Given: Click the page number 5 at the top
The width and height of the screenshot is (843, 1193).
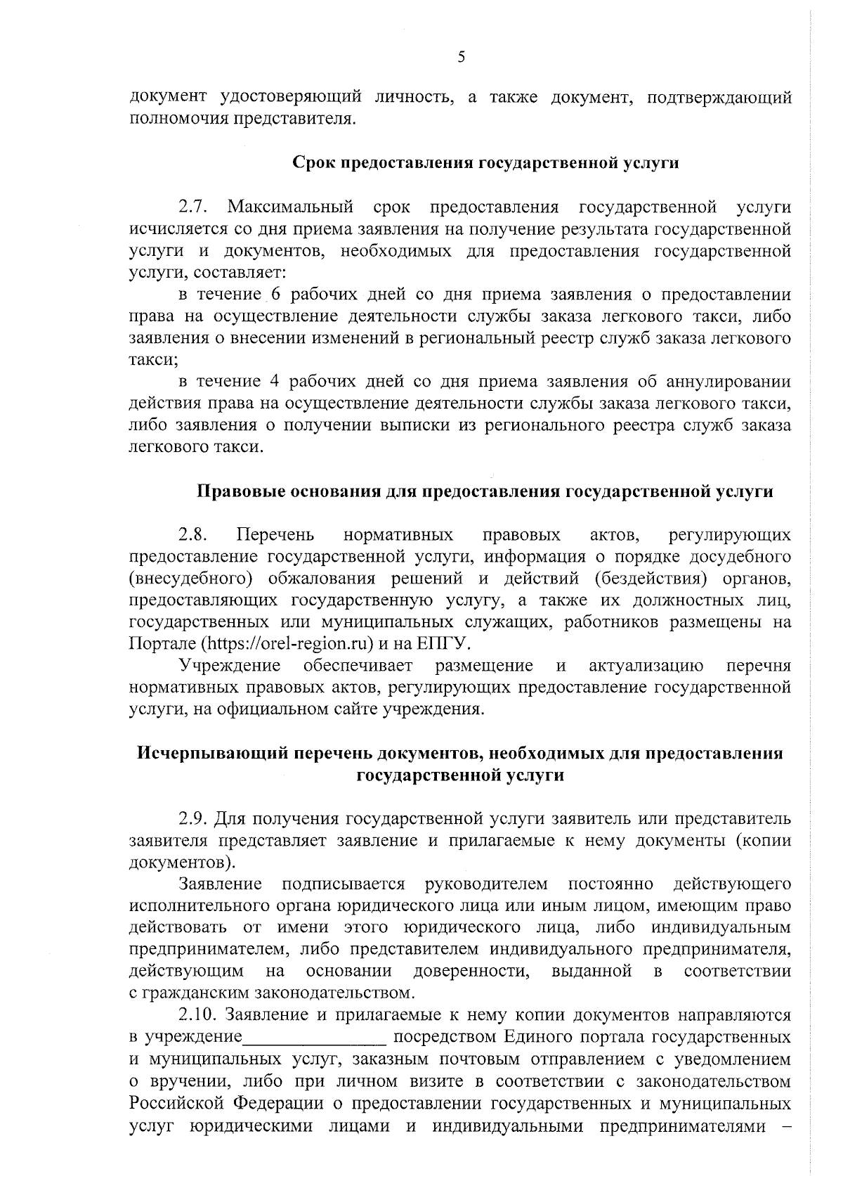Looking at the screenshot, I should pos(461,58).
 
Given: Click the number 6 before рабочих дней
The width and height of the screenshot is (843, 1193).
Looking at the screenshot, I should pos(276,295).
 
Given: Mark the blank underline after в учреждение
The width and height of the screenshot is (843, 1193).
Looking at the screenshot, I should pos(315,1038).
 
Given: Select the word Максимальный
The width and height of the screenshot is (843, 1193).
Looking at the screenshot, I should pos(289,207).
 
